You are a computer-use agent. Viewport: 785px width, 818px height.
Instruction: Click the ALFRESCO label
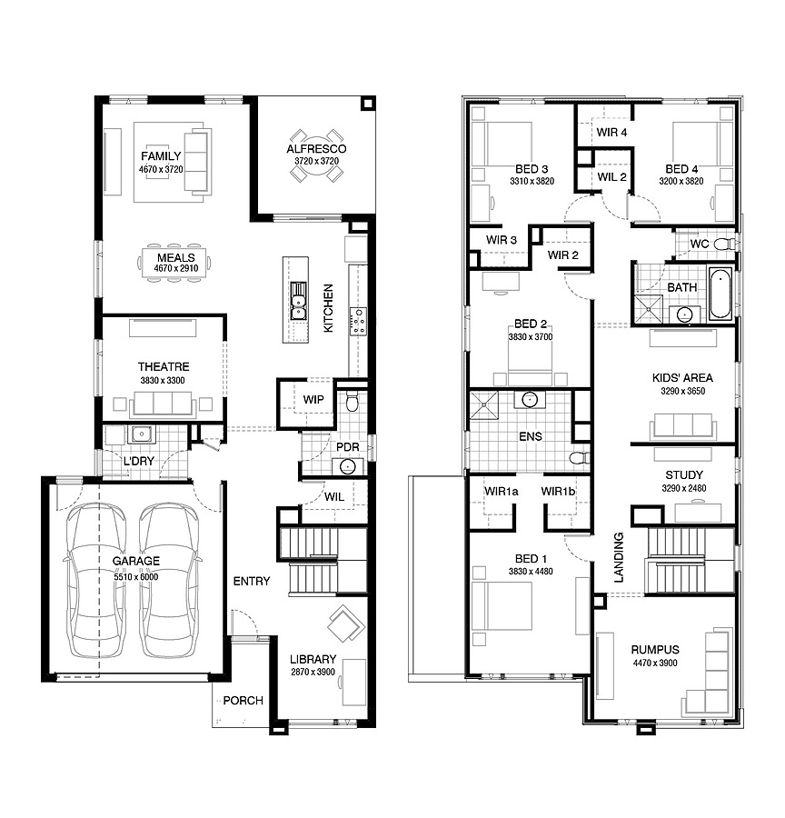pos(316,149)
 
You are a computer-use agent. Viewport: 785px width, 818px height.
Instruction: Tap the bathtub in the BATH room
pos(720,293)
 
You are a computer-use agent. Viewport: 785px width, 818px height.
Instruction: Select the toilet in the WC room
pos(725,244)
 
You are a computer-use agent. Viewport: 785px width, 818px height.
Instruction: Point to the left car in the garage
pos(96,580)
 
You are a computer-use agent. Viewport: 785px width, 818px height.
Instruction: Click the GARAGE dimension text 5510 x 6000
pos(136,577)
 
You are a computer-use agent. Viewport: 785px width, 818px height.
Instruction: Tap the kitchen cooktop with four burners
pos(358,322)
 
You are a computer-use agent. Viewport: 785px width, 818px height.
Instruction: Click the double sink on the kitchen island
pos(298,301)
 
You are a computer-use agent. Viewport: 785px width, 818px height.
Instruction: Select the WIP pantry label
pos(313,400)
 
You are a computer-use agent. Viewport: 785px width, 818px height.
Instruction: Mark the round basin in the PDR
pos(347,466)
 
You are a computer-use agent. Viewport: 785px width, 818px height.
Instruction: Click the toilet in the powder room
pos(353,401)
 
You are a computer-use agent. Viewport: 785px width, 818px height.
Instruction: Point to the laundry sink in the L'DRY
pos(141,434)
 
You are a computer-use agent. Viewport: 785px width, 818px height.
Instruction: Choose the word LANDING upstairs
pos(619,557)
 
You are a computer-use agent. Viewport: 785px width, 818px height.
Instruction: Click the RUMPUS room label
pos(655,650)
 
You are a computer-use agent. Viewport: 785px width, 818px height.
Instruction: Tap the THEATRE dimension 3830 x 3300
pos(163,380)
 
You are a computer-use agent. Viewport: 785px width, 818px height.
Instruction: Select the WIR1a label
pos(502,491)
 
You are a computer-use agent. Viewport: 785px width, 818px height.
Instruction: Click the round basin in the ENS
pos(530,400)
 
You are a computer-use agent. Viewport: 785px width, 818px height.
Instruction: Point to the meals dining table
pos(175,263)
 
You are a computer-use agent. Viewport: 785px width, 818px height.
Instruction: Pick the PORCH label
pos(243,701)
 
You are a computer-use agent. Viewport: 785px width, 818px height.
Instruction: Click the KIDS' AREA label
pos(682,378)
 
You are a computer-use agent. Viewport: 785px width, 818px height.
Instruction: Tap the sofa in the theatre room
pos(164,404)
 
